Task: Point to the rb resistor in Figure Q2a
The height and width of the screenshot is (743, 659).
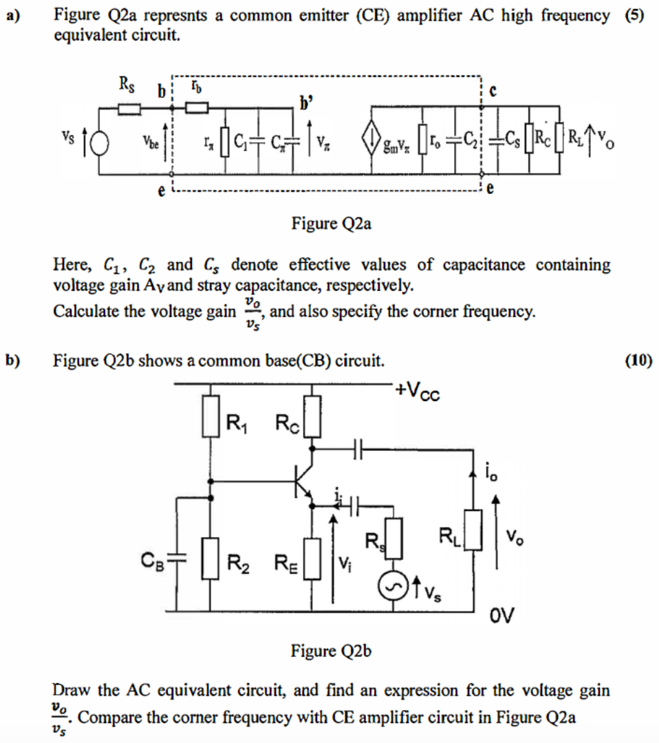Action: (197, 107)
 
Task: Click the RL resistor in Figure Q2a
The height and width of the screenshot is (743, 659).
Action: (561, 141)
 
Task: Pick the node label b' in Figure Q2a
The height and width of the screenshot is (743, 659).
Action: (303, 105)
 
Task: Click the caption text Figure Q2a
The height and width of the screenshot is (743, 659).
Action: (332, 224)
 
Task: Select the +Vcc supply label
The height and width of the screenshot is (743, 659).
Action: (418, 391)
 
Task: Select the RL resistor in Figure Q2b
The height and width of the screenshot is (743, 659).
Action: (474, 530)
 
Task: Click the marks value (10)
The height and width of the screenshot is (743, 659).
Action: (639, 360)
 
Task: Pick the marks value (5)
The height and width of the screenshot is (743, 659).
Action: (634, 17)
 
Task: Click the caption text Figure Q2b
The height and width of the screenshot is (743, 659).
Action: (332, 651)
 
